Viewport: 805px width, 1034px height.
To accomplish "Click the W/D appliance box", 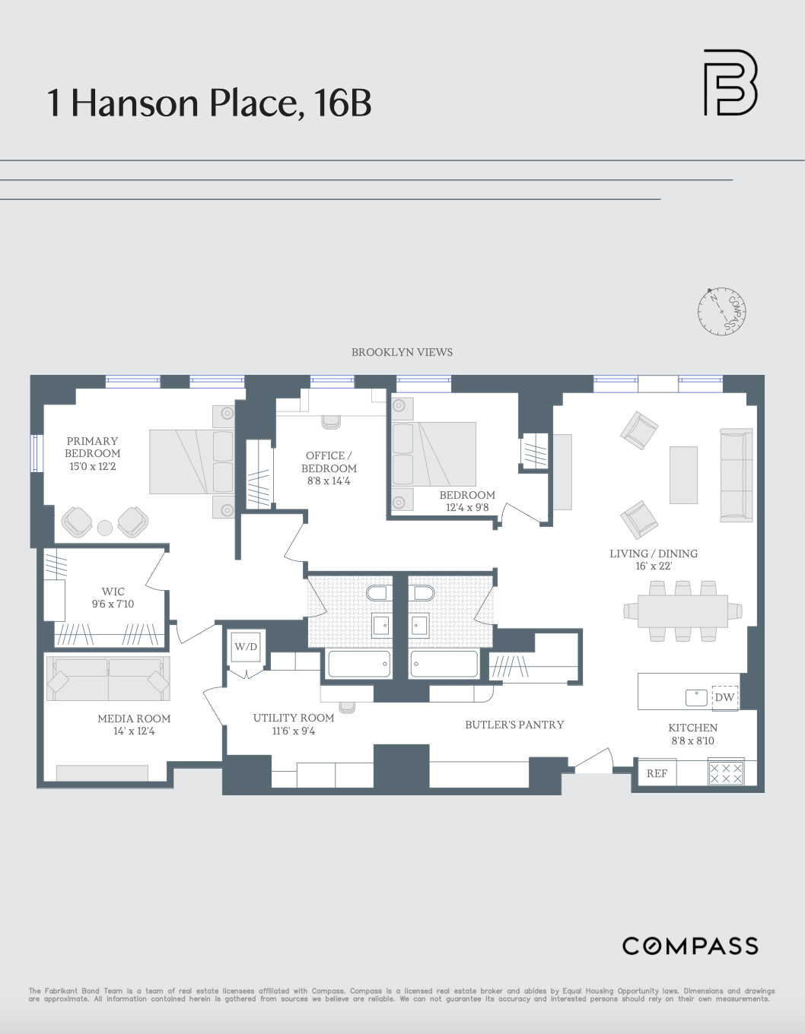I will point(246,647).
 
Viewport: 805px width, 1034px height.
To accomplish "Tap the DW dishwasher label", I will point(724,697).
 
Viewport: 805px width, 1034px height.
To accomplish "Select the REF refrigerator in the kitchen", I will point(657,773).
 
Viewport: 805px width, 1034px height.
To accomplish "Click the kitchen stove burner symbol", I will point(726,773).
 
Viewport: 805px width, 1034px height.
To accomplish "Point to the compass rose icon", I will point(721,310).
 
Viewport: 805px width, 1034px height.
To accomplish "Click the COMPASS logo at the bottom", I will point(690,946).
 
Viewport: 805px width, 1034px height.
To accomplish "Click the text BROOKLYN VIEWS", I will point(402,352).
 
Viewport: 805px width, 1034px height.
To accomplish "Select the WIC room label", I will point(113,592).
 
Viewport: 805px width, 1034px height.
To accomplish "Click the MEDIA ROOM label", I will point(134,718).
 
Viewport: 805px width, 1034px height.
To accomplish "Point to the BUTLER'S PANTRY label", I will point(514,725).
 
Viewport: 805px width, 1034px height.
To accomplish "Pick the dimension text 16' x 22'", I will point(654,566).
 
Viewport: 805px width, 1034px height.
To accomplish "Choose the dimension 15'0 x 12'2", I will point(93,466).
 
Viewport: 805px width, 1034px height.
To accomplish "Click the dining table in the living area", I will point(682,611).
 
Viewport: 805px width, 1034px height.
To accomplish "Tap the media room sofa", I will point(108,678).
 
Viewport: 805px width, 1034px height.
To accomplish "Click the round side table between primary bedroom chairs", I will point(105,527).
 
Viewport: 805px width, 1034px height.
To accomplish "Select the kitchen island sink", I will point(696,696).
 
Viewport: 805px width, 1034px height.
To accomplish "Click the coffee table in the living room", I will point(683,474).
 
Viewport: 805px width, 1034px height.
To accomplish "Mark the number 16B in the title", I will point(342,103).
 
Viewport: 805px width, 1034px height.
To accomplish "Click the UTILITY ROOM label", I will point(294,718).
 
